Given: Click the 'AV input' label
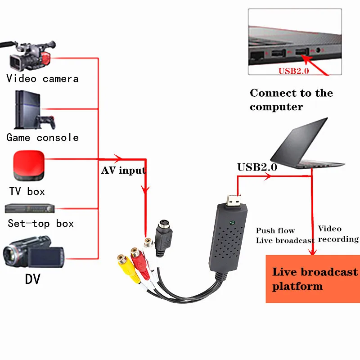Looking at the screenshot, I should (x=123, y=171).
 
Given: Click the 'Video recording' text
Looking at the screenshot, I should (x=337, y=234).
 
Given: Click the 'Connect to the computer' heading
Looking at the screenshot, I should (x=291, y=100).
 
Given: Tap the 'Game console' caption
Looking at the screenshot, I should (x=43, y=138).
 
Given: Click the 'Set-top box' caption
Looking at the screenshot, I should (x=40, y=224).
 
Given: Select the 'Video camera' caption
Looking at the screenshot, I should (x=43, y=79).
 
